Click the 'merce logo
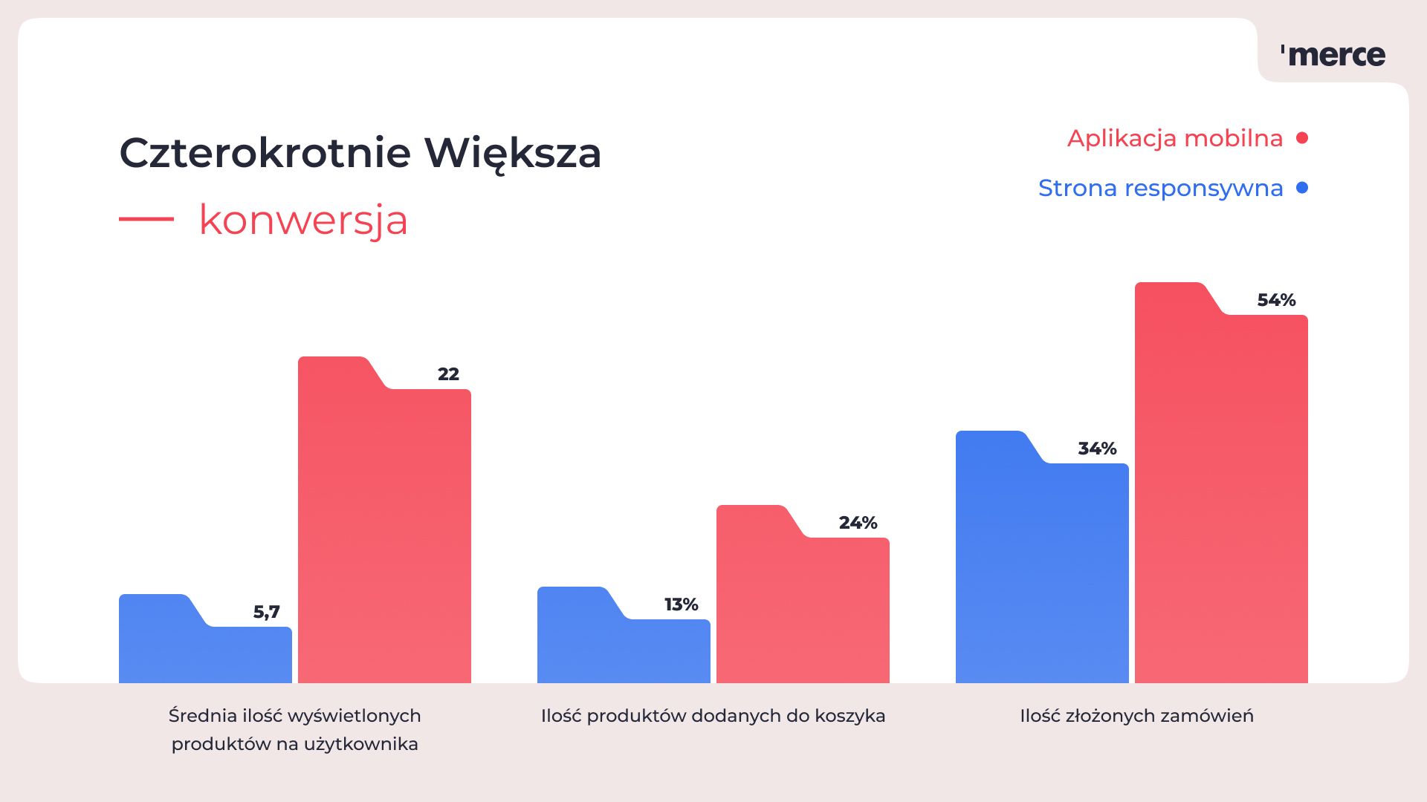click(1333, 55)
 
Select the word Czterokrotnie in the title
click(265, 154)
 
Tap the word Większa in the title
click(512, 154)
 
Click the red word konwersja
click(303, 221)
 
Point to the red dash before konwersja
click(146, 219)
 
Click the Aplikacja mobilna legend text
click(1174, 139)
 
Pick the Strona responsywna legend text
click(1160, 189)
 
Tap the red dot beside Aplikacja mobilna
click(1301, 138)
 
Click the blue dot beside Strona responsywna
click(1301, 188)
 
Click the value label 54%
click(1276, 301)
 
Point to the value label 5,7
click(266, 613)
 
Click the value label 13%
click(681, 605)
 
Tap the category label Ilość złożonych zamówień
click(1136, 716)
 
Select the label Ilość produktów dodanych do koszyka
click(713, 716)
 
